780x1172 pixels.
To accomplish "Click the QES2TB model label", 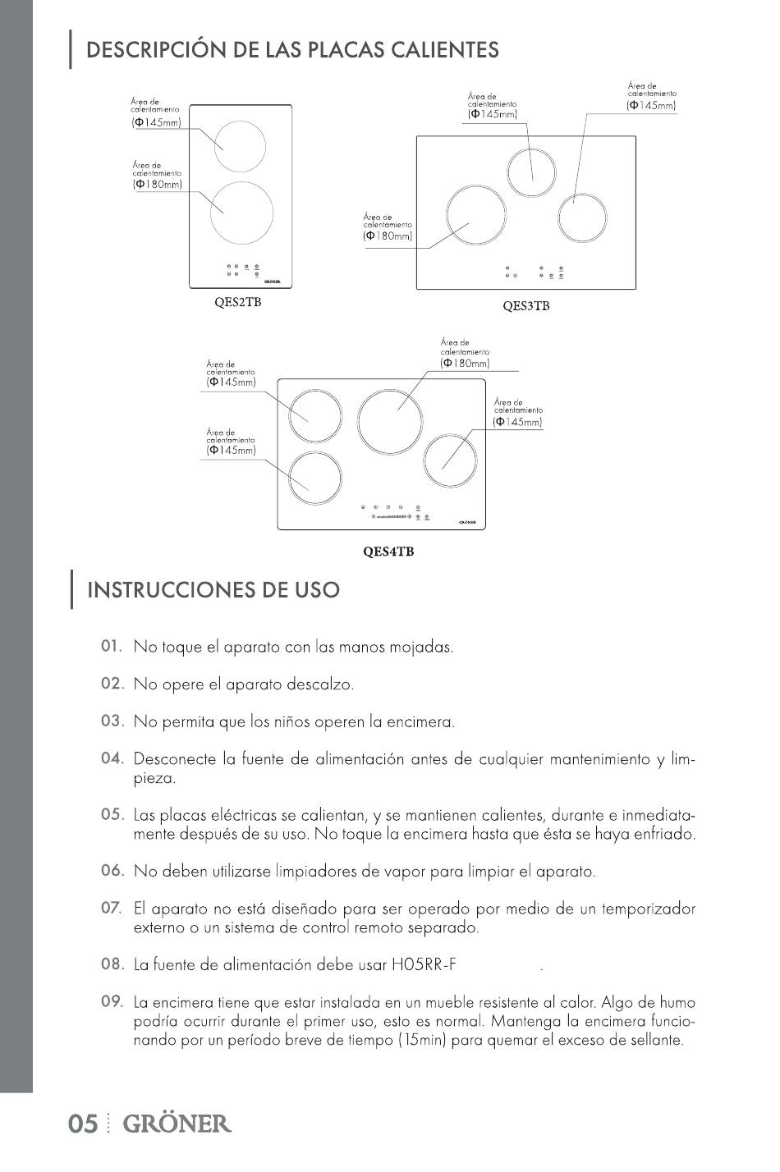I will [x=237, y=302].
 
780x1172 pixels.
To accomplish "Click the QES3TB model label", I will [x=525, y=306].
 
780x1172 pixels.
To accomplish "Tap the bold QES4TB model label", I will [x=388, y=552].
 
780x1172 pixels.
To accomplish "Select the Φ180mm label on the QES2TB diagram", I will [x=158, y=185].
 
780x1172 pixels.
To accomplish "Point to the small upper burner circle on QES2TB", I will [x=241, y=146].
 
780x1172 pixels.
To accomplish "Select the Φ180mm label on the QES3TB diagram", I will [x=388, y=236].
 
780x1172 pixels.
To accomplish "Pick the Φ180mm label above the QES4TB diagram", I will [x=465, y=363].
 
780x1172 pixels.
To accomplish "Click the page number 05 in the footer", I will [x=84, y=1124].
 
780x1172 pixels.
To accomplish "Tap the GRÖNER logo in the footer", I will [x=177, y=1124].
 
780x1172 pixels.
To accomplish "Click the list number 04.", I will [x=112, y=758].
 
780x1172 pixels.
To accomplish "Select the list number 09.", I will [x=112, y=1001].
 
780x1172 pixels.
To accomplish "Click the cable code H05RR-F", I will [x=424, y=965].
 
